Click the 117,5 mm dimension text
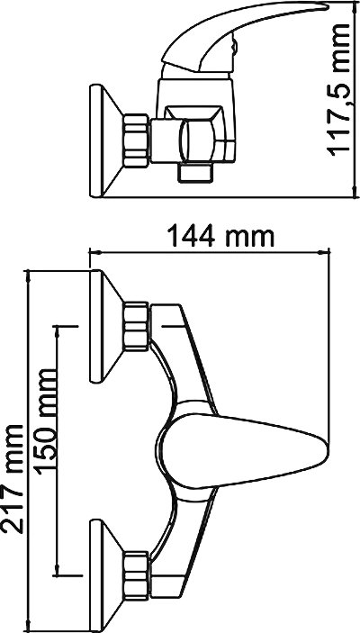coord(338,89)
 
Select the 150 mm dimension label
coord(44,422)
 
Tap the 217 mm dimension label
coord(13,479)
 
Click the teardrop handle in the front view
coord(242,450)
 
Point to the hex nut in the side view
coord(136,140)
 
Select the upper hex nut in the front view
coord(136,326)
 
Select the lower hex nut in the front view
coord(136,575)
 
